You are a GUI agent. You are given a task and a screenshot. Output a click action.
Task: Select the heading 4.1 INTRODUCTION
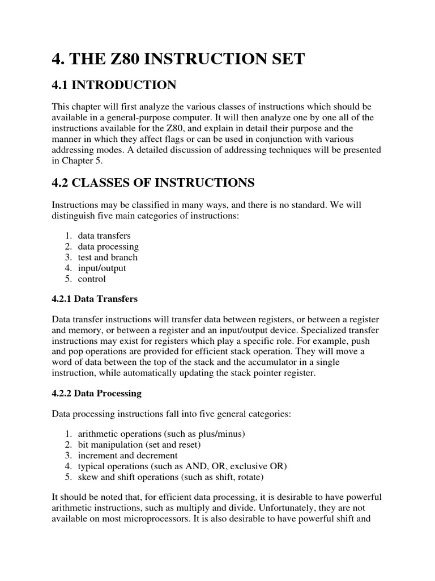pos(114,86)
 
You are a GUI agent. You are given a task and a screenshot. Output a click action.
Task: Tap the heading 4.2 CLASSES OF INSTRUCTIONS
pos(153,183)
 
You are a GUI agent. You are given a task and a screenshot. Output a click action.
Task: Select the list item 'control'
pos(92,279)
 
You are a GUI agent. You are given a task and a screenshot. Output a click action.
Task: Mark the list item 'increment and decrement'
pos(128,455)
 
